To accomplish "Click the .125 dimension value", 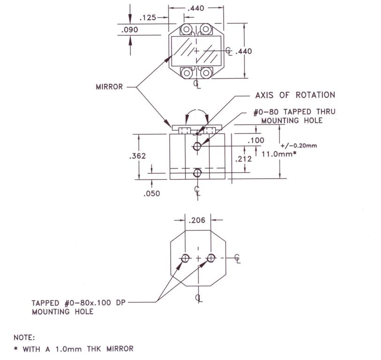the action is click(x=148, y=18).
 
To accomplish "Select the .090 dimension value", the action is click(x=130, y=30).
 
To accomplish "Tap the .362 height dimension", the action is click(x=137, y=156).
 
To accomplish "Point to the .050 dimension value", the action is click(x=152, y=194).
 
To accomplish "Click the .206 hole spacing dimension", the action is click(x=197, y=220).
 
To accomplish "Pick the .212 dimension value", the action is click(x=244, y=159).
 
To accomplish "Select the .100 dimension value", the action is click(x=256, y=140).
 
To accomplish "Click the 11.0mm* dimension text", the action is click(x=279, y=154).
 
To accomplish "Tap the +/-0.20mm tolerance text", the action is click(x=298, y=146).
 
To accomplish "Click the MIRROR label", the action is click(x=109, y=87).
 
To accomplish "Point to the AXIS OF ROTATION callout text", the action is click(x=295, y=95).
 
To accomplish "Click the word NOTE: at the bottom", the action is click(x=24, y=337).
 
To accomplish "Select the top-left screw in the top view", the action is click(x=186, y=30).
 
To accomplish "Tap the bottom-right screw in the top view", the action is click(x=206, y=73).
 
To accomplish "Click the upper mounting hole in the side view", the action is click(x=197, y=146).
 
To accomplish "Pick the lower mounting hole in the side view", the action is click(x=197, y=173).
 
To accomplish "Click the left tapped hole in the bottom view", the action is click(x=185, y=258).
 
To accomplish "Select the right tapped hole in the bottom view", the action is click(x=211, y=258).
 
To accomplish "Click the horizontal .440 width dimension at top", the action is click(x=196, y=8).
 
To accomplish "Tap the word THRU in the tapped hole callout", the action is click(x=326, y=112).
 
